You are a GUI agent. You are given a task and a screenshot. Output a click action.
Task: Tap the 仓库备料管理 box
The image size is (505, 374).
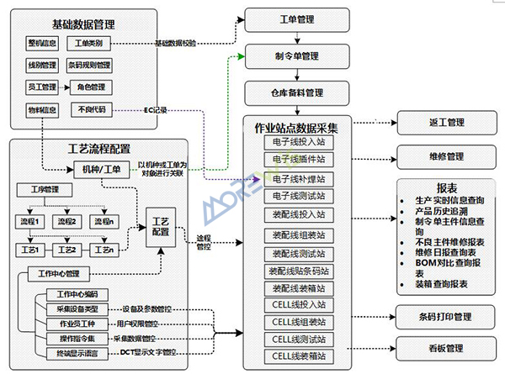click(x=290, y=92)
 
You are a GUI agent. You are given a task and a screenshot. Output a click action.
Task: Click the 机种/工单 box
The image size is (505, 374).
click(x=100, y=168)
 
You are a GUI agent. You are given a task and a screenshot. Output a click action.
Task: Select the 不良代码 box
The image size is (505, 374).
click(x=91, y=108)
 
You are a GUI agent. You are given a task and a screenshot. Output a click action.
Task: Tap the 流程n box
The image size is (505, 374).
click(x=104, y=221)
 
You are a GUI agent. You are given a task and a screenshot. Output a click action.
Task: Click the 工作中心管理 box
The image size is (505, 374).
click(x=60, y=273)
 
